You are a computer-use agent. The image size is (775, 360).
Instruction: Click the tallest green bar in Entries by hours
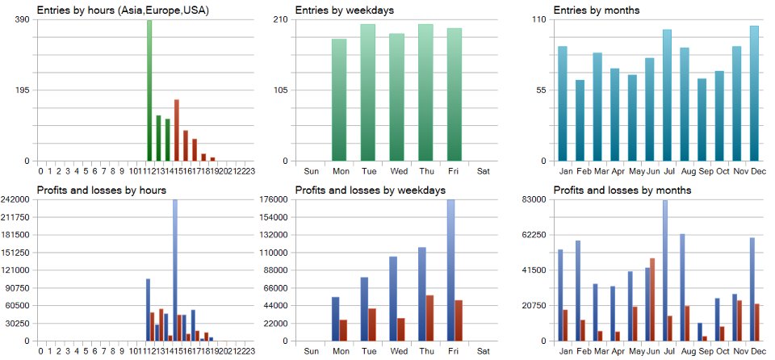149,90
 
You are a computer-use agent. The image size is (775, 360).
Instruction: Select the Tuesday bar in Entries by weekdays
368,93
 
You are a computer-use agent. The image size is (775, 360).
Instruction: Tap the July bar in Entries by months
667,95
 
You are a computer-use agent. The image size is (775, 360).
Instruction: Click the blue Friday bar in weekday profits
450,270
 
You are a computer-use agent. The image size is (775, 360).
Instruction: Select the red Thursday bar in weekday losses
429,318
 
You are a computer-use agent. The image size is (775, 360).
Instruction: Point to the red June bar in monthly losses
651,299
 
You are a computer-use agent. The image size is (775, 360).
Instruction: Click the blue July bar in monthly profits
664,270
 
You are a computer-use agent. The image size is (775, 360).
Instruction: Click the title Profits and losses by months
616,190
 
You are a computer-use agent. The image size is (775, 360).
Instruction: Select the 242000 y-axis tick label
16,199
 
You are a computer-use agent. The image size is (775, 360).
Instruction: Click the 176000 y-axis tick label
274,199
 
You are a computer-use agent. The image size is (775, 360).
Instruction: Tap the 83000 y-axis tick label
536,199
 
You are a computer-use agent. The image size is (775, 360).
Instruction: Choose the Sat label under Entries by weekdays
483,171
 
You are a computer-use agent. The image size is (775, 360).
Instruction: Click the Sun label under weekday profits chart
311,351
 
